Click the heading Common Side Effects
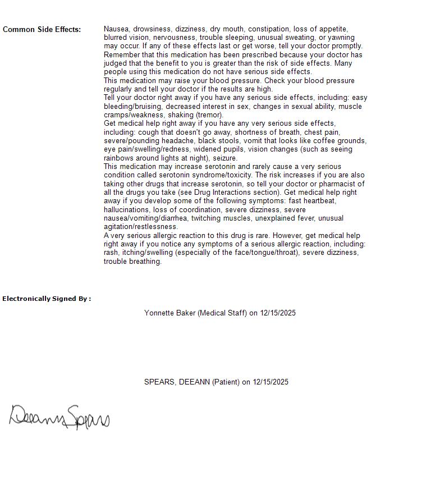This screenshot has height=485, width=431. click(42, 29)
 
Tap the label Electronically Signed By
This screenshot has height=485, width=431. click(47, 299)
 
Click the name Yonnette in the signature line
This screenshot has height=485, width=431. click(160, 313)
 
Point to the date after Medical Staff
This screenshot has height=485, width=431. click(278, 313)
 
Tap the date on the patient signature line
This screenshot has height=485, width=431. click(270, 382)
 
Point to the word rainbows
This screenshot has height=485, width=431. click(120, 158)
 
